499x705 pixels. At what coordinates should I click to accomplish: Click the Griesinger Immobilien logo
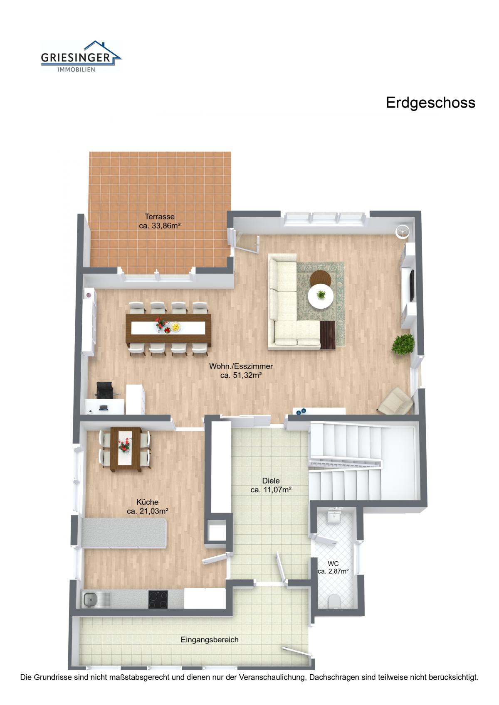[x=81, y=56]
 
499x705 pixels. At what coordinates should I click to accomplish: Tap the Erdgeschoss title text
[x=430, y=103]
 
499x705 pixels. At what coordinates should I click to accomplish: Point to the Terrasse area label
[x=160, y=221]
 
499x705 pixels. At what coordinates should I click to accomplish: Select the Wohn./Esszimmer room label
[x=241, y=371]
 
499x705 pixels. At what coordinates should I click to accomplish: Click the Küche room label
[x=148, y=506]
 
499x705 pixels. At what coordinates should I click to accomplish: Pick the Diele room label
[x=271, y=485]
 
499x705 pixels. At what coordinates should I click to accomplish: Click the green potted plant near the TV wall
[x=403, y=344]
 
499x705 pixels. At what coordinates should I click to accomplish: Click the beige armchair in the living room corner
[x=396, y=400]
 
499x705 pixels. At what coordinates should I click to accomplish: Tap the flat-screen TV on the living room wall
[x=411, y=285]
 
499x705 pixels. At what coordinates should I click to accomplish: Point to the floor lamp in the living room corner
[x=403, y=231]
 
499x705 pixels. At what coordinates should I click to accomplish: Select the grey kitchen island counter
[x=124, y=533]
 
